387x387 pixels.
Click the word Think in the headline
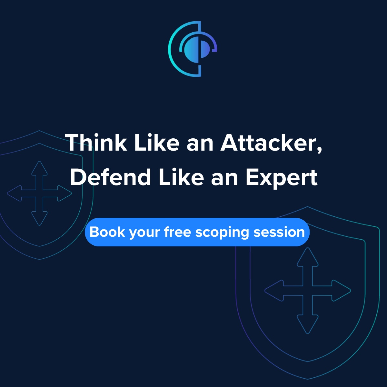(x=96, y=143)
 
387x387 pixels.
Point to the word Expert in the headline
(x=281, y=178)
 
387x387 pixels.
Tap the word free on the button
(x=177, y=232)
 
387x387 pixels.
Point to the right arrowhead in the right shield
(x=342, y=291)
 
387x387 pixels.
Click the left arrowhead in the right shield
(x=273, y=291)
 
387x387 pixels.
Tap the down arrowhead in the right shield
(x=308, y=325)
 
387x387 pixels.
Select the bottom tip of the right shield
(x=308, y=378)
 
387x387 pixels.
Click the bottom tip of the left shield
(x=39, y=259)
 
